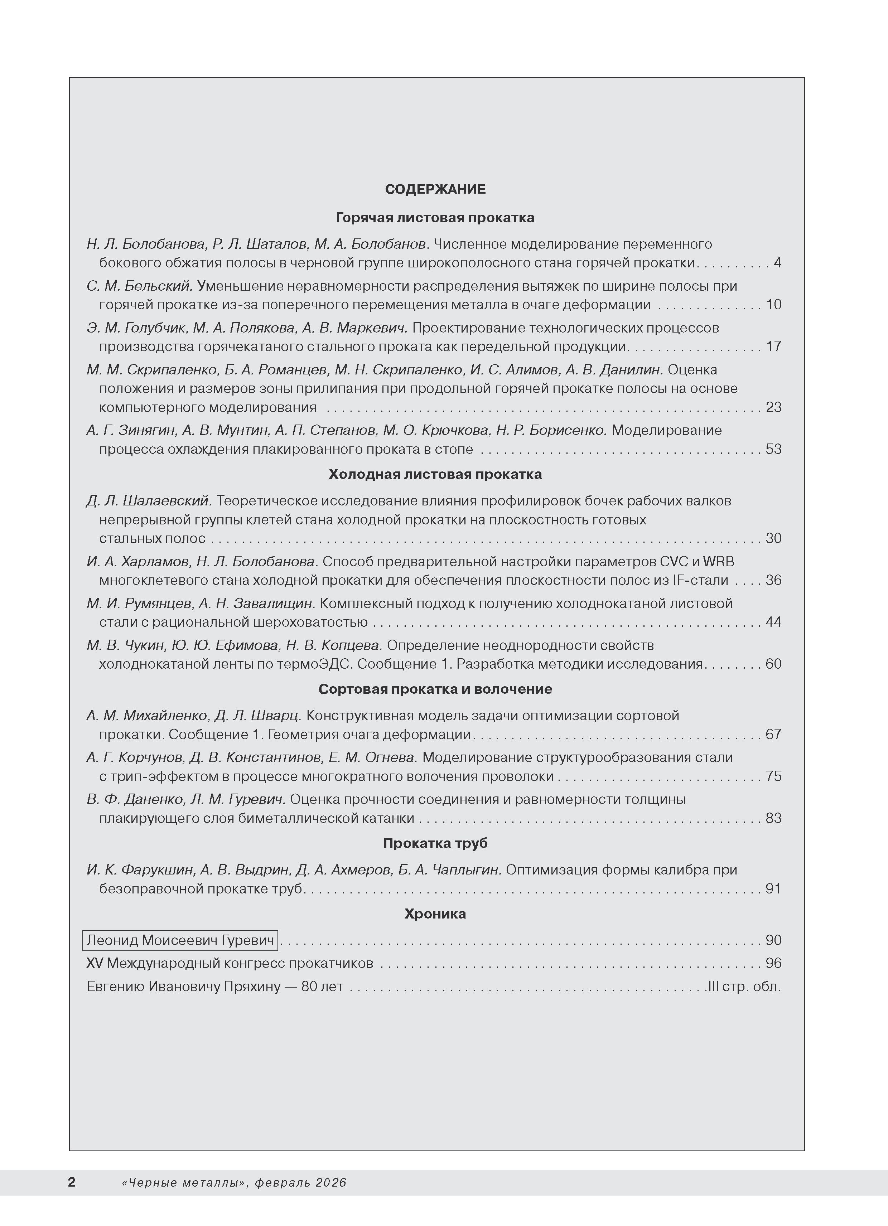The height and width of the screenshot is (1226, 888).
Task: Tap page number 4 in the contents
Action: (x=777, y=263)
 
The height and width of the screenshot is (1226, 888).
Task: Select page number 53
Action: (x=773, y=449)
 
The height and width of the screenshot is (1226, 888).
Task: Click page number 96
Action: (x=773, y=963)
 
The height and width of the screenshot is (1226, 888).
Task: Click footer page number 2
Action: (x=71, y=1182)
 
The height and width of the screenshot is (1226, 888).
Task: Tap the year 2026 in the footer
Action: (x=332, y=1183)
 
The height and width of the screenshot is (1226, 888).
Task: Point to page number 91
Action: (x=773, y=889)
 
